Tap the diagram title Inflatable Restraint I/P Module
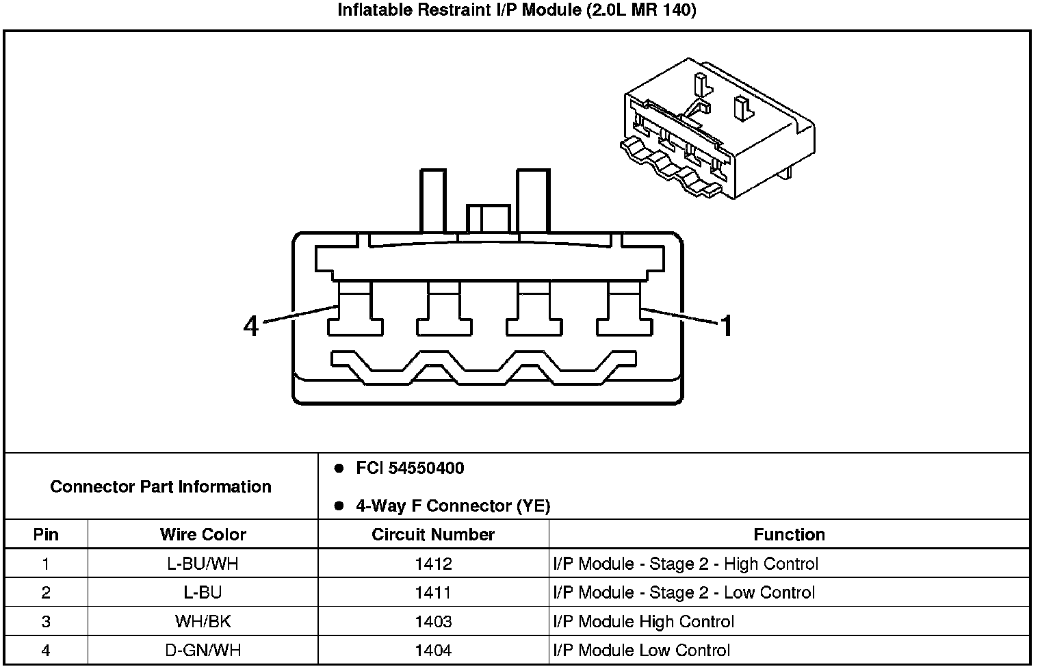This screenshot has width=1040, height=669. tap(517, 10)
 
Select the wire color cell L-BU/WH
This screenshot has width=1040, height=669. tap(203, 564)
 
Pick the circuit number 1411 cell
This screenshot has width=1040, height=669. tap(433, 592)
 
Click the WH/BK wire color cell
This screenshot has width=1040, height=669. tap(203, 621)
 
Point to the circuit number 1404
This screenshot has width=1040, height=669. tap(433, 650)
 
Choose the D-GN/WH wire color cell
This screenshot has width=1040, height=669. tap(203, 650)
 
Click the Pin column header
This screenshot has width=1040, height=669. tap(46, 534)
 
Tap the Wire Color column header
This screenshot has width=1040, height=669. tap(203, 534)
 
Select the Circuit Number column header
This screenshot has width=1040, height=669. tap(433, 534)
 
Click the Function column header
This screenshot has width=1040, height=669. tap(789, 534)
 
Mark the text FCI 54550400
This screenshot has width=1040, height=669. tap(410, 469)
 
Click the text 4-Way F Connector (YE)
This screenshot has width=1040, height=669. tap(453, 506)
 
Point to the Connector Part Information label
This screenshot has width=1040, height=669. tap(161, 486)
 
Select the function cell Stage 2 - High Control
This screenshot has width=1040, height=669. tap(686, 564)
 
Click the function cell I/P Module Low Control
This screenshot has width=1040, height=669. tap(642, 650)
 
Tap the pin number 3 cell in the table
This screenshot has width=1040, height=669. tap(46, 621)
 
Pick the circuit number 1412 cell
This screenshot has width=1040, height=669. tap(433, 564)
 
